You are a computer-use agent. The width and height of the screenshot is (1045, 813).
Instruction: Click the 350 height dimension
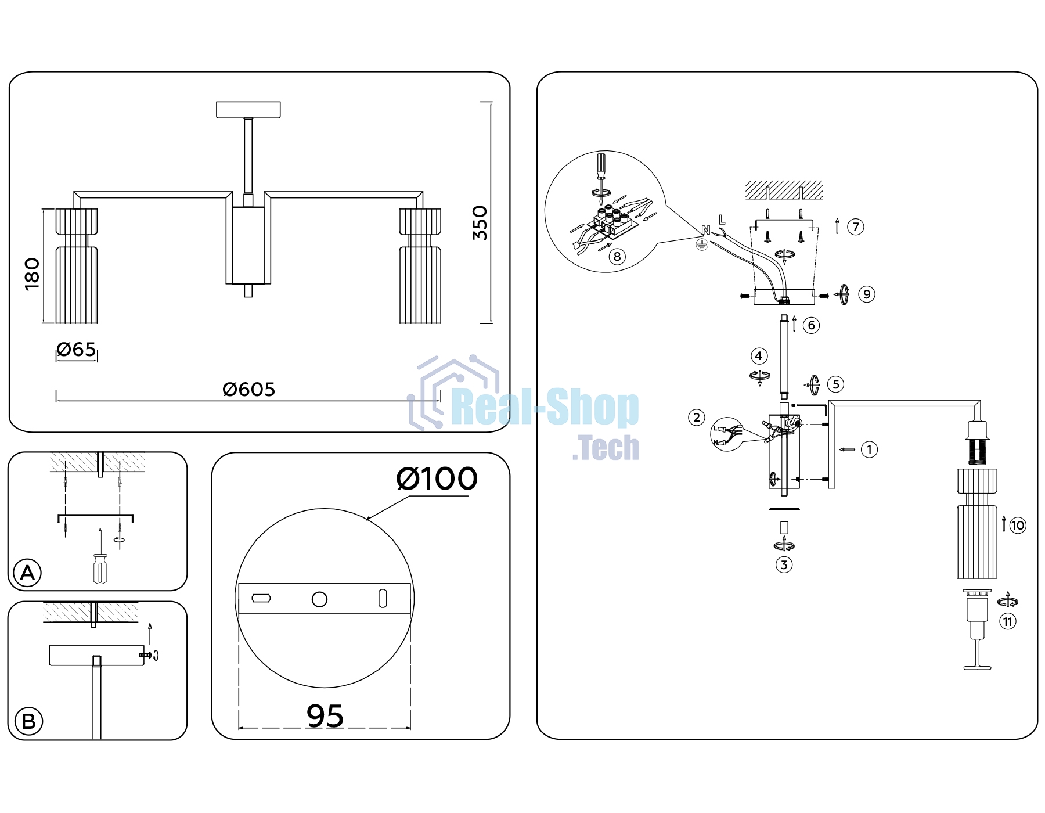[x=480, y=223]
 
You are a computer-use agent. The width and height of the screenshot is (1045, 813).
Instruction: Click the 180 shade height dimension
[x=32, y=274]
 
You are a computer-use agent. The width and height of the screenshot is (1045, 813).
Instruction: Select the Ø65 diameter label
[x=76, y=350]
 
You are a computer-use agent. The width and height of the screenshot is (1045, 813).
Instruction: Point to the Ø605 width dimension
[x=248, y=389]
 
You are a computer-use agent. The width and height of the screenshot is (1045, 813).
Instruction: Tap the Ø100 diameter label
[x=437, y=479]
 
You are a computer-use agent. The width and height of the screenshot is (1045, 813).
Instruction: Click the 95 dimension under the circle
[x=325, y=715]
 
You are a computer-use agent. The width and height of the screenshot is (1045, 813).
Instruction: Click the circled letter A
[x=27, y=573]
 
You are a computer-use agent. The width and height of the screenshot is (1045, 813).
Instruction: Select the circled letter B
[x=28, y=722]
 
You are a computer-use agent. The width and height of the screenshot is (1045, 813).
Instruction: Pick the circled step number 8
[x=617, y=256]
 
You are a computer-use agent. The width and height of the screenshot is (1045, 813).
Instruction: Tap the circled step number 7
[x=856, y=226]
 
